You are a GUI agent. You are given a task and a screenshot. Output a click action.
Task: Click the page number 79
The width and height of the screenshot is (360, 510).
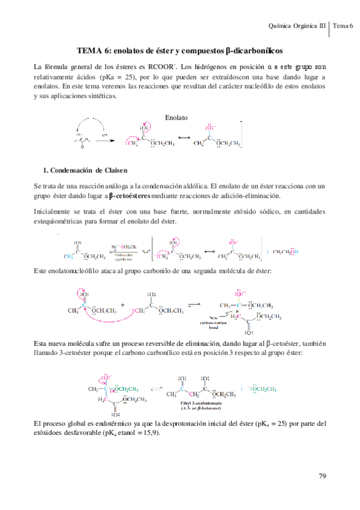322,476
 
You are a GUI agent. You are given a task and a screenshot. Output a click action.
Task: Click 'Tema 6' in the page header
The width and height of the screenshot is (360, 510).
344,25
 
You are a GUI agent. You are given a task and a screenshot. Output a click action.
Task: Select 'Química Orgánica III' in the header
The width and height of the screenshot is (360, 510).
297,25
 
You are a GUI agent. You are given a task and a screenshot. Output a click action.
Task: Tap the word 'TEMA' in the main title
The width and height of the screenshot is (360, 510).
92,52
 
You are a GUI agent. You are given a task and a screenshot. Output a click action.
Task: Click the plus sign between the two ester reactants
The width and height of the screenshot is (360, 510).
124,306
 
